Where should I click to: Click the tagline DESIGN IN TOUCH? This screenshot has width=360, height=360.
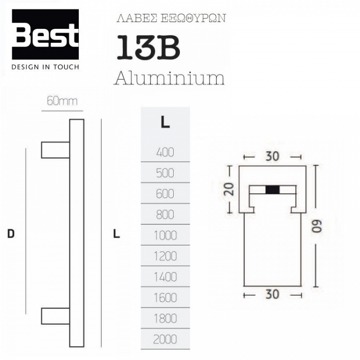pos(45,67)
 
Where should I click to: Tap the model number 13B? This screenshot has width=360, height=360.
pos(148,48)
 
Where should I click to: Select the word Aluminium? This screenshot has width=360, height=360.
pos(169,77)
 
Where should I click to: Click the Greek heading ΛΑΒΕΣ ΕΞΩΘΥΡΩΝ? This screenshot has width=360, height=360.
pos(171,19)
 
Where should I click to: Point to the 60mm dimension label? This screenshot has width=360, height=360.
pos(62,101)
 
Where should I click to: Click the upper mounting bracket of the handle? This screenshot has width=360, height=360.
pos(55,150)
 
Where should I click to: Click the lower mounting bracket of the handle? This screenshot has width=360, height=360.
pos(55,316)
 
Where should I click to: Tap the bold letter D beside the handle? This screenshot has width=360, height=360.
pos(11,234)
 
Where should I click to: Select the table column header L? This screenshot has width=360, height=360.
pos(165,122)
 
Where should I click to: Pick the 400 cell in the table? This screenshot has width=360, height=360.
pos(165,153)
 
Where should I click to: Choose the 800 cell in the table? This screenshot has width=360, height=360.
pos(165,215)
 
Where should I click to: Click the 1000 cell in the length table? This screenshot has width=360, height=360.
pos(165,235)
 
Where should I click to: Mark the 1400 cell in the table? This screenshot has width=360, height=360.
pos(165,277)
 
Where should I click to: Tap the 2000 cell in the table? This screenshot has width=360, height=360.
pos(165,339)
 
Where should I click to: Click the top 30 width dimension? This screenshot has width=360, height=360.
pos(272,156)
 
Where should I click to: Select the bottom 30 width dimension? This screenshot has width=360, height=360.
pos(272,294)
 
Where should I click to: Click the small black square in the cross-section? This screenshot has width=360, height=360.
pos(272,190)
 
